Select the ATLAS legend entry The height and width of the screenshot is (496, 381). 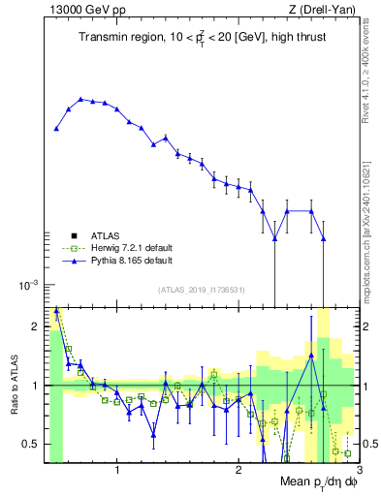pos(108,235)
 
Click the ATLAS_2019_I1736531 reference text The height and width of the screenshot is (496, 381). pos(202,290)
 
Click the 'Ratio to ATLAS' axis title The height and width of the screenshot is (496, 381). pos(15,386)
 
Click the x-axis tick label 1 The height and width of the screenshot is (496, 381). pos(117,471)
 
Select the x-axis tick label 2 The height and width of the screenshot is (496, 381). pos(238,471)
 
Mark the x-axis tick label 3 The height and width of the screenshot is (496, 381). pos(358,471)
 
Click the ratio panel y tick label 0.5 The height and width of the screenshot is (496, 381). pos(31,444)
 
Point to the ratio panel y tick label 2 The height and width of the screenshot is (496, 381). pos(35,326)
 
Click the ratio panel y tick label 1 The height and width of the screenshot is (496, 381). pos(35,386)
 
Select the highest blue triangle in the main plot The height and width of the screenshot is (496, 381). pos(81,99)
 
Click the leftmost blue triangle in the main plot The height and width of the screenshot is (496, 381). pos(57,128)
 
